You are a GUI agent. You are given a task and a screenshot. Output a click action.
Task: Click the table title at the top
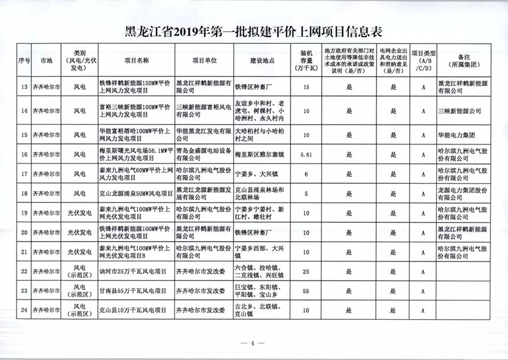(x=254, y=32)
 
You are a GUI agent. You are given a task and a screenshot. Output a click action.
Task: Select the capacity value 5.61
(x=307, y=154)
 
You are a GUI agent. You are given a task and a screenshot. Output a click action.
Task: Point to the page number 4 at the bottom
(x=252, y=344)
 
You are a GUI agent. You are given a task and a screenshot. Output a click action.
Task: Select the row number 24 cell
(x=25, y=310)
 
